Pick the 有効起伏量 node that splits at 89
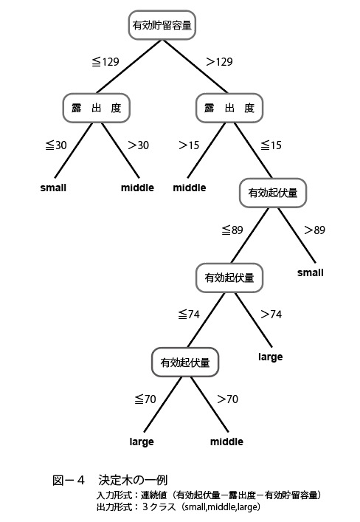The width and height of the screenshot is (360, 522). [273, 193]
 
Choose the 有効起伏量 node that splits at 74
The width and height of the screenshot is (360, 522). [229, 278]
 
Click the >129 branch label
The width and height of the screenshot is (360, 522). [219, 61]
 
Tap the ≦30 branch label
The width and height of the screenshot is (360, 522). [56, 145]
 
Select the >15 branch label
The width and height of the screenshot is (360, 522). [189, 145]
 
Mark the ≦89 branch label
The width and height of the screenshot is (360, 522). [232, 230]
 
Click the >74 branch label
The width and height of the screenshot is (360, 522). [272, 315]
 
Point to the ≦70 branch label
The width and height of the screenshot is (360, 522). [145, 399]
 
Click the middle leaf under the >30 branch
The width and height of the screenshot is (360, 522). [137, 188]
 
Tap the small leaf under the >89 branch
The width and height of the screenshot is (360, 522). [311, 272]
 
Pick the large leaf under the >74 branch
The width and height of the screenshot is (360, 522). [271, 357]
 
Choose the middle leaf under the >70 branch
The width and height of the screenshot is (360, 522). [226, 442]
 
